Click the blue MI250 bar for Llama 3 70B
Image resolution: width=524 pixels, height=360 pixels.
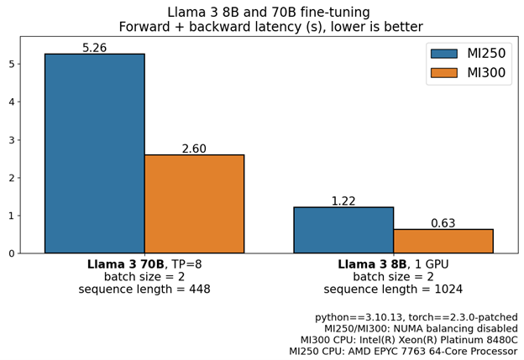coord(94,154)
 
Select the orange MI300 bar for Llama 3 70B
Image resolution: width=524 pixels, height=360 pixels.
coord(194,204)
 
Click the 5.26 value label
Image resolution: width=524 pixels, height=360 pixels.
coord(94,48)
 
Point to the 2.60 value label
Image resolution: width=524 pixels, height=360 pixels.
coord(194,149)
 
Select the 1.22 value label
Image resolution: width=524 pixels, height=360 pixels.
coord(343,201)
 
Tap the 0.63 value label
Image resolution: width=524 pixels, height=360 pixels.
coord(443,223)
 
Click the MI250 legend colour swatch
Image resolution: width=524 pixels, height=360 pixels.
coord(443,54)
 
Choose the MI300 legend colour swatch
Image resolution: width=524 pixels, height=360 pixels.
coord(443,73)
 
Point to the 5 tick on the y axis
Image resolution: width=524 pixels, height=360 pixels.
coord(10,64)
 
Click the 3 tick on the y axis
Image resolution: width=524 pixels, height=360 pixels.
coord(10,139)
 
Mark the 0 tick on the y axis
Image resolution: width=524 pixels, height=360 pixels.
coord(10,253)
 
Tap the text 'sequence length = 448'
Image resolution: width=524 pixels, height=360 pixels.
coord(144,290)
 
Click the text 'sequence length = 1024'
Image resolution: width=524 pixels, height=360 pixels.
coord(393,290)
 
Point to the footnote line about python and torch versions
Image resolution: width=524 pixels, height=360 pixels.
coord(416,317)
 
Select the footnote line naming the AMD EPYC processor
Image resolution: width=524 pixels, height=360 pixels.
coord(403,352)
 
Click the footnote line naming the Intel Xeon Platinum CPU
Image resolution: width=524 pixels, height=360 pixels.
coord(408,340)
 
